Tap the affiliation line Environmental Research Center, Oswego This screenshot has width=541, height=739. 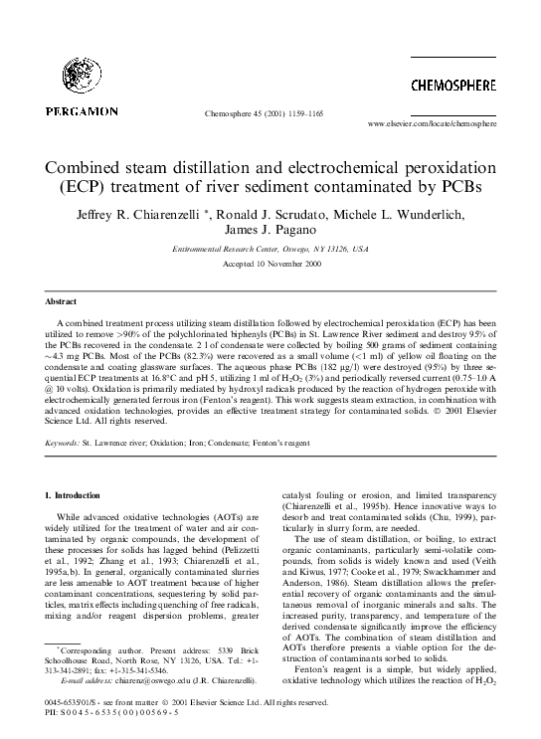(270, 249)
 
